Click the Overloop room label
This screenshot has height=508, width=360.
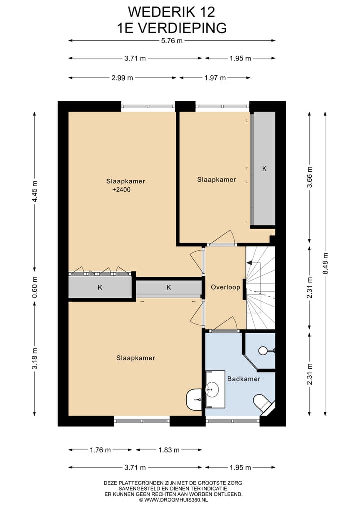coord(225,287)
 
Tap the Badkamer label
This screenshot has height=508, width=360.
coord(244,379)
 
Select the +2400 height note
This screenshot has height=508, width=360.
coord(121,190)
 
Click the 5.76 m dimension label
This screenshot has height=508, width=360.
coord(172,41)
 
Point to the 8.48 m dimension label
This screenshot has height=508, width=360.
coord(325,263)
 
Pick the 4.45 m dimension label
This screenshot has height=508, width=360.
coord(34,191)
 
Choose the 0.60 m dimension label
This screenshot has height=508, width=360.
coord(34,287)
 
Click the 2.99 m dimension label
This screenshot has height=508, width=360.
coord(122,78)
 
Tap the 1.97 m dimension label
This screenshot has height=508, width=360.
coord(215,78)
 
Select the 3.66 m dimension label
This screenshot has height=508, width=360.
coord(310,177)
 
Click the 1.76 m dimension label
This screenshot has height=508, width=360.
coord(100,450)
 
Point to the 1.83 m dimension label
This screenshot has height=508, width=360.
coord(169,450)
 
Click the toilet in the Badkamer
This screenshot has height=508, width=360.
coord(263,404)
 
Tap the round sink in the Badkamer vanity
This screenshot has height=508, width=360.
coord(213,389)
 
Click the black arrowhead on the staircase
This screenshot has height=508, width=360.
coord(249,263)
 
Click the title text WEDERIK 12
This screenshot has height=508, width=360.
coord(171,12)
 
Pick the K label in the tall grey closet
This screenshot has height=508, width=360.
coord(264,169)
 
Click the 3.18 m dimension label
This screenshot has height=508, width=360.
coord(34,358)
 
